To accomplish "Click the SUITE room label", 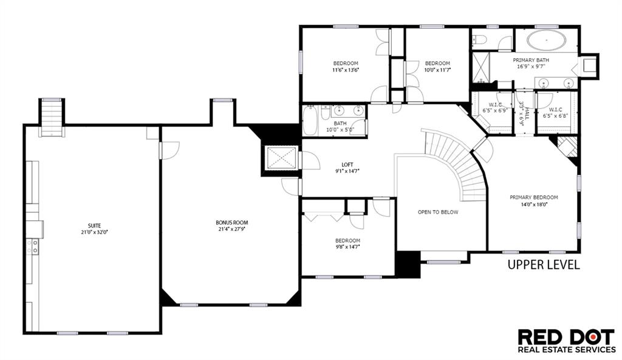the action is [94, 226].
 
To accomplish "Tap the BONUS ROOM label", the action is [231, 222].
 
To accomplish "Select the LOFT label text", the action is [347, 165].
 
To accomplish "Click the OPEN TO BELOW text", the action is [438, 212].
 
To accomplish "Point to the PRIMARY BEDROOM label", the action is [534, 197].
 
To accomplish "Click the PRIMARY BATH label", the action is [531, 60].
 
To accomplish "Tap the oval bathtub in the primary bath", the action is [546, 41].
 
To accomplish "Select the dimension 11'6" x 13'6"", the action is [346, 70].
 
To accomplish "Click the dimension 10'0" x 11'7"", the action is [437, 70].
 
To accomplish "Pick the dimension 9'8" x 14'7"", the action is [347, 247].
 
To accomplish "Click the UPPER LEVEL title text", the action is [544, 265].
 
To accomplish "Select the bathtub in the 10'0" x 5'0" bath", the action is [310, 121].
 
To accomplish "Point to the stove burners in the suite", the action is [33, 246].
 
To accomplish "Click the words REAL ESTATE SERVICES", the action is [567, 349].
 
